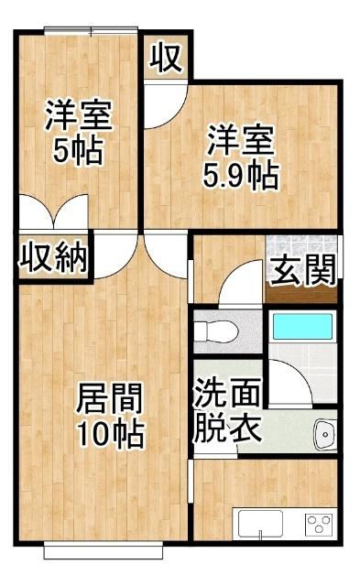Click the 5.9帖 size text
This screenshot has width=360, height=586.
point(241,174)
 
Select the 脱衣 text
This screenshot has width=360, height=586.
point(225,427)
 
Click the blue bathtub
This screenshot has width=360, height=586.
point(301,327)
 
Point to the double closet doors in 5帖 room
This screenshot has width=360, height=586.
point(53,215)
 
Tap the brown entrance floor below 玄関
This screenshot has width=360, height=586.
point(301,295)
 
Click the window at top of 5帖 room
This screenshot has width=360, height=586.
point(91,32)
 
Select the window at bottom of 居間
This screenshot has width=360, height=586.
point(104,549)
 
